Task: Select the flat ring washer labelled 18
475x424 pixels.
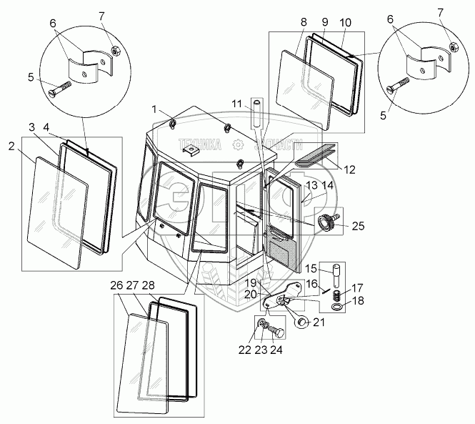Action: click(335, 307)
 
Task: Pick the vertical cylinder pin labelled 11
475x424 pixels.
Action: click(256, 114)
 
